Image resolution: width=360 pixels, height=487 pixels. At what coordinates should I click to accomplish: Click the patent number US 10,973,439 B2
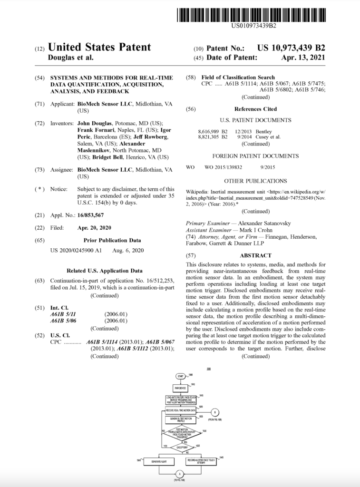pyautogui.click(x=291, y=48)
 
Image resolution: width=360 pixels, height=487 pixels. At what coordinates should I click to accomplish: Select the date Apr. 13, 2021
pyautogui.click(x=303, y=58)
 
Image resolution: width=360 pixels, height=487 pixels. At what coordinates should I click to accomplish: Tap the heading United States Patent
pyautogui.click(x=99, y=47)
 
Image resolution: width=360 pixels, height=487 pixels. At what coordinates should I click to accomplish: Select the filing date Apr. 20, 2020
pyautogui.click(x=94, y=228)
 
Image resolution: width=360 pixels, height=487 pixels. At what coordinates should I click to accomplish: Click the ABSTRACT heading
pyautogui.click(x=255, y=255)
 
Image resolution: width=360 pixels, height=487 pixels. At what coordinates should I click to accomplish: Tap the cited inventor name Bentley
pyautogui.click(x=264, y=131)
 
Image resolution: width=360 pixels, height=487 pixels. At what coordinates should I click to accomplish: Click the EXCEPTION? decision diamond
pyautogui.click(x=179, y=448)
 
